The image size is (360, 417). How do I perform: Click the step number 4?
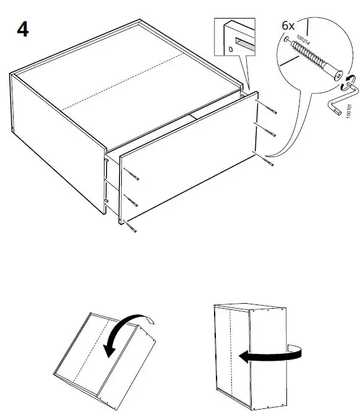pos(22,29)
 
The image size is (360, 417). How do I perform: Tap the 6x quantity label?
pos(288,26)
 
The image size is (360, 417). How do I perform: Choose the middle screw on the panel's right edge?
pos(268,134)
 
